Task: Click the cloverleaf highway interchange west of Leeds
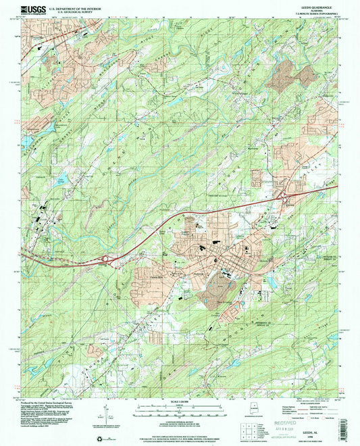click(108, 257)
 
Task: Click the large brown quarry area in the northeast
click(284, 75)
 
